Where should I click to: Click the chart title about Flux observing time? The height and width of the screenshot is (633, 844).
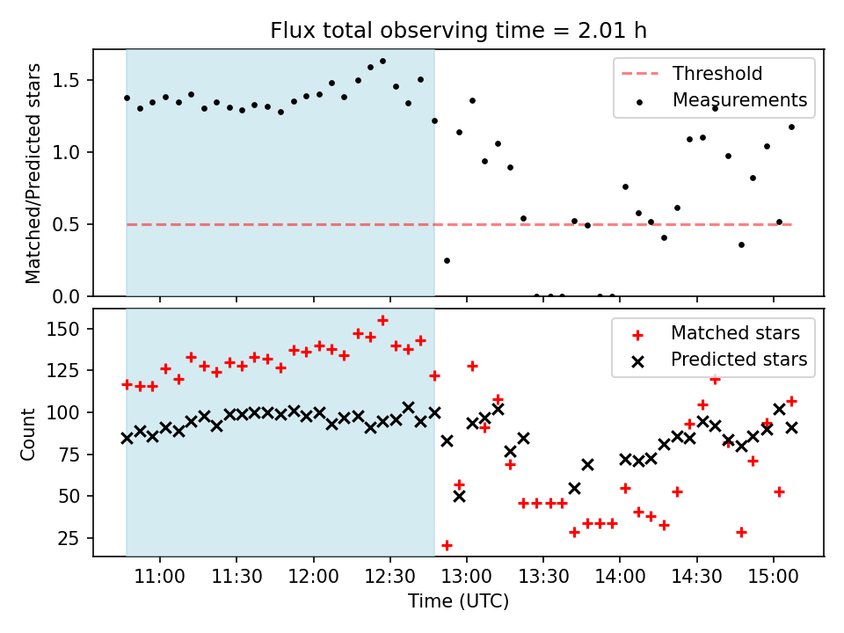[x=458, y=32]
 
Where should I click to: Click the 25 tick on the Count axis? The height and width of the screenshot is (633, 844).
[x=74, y=538]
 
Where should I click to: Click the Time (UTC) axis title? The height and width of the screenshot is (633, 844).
[x=458, y=601]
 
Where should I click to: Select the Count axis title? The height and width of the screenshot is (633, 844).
[x=29, y=433]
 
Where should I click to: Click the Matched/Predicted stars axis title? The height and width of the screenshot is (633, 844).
[x=33, y=173]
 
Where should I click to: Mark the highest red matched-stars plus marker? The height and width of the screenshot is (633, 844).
[x=382, y=320]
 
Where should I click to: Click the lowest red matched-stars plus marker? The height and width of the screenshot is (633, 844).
[x=447, y=545]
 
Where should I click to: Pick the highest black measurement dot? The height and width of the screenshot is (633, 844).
[x=382, y=62]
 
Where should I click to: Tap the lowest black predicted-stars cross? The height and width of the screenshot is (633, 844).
[x=459, y=496]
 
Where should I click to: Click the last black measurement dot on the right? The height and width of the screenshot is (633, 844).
[x=791, y=127]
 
